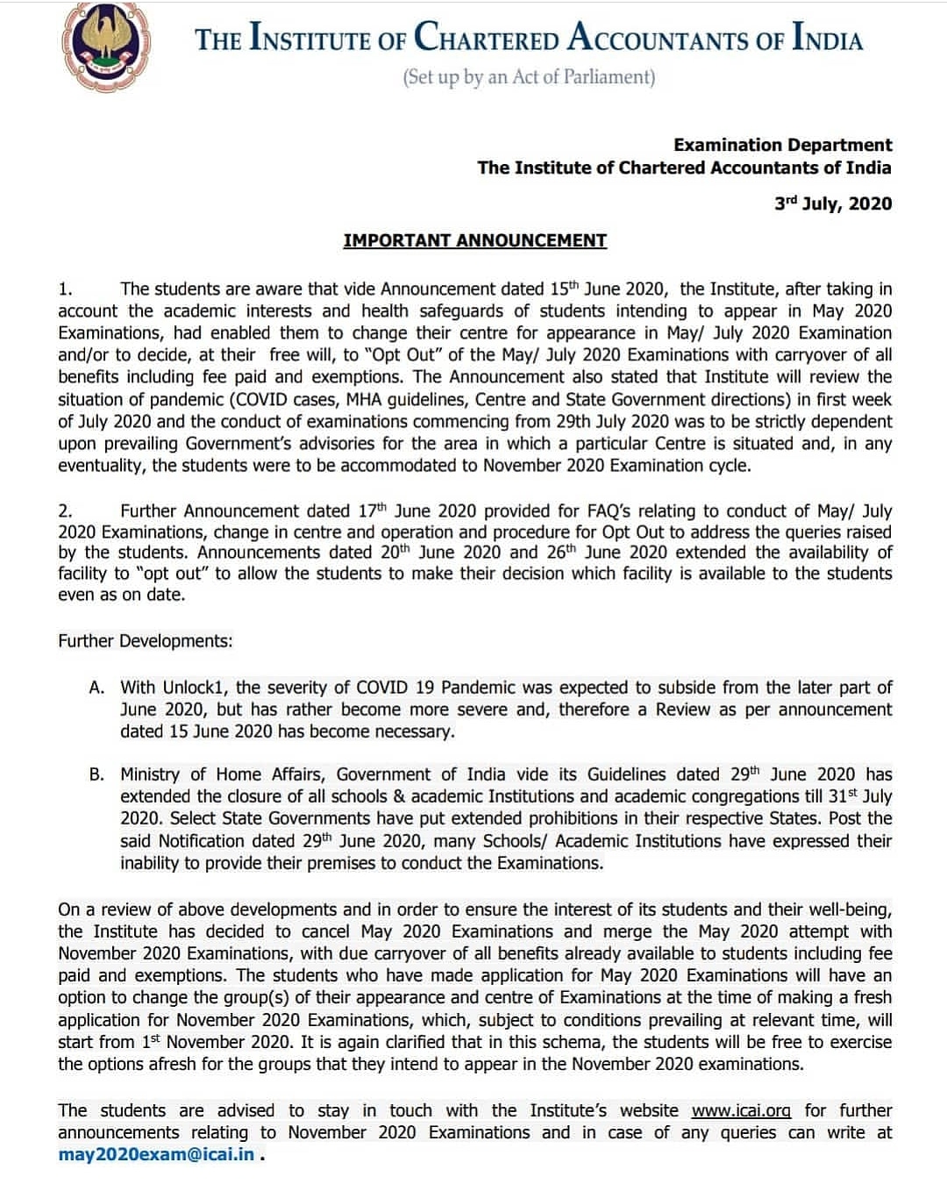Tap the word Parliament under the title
[x=612, y=77]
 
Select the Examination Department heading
[x=782, y=145]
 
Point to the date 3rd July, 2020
[x=832, y=203]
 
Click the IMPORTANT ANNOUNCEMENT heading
[x=474, y=240]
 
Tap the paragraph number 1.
[x=64, y=289]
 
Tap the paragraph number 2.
[x=64, y=511]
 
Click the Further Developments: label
[x=146, y=641]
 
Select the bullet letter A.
[x=96, y=688]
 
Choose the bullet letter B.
[x=96, y=774]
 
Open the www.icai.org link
[x=741, y=1110]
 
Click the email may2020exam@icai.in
[x=156, y=1154]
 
